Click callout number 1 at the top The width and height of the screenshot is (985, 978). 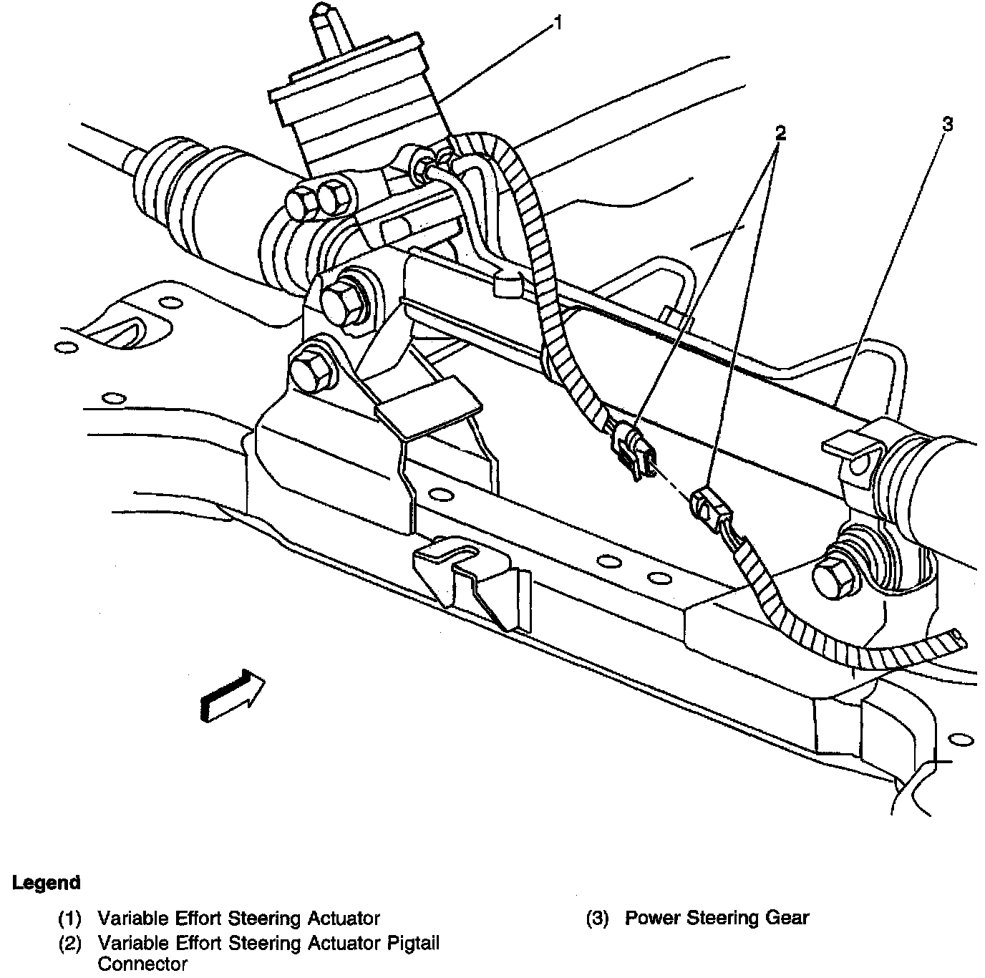pos(558,24)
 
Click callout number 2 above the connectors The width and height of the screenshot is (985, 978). pos(780,133)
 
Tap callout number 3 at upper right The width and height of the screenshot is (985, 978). pos(947,125)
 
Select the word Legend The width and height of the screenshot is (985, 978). pos(47,883)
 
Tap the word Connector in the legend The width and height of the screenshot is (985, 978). pos(142,964)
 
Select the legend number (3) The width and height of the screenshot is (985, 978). pos(596,919)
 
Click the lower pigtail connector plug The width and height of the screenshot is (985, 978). pos(711,509)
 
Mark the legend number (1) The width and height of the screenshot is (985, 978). pos(69,919)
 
